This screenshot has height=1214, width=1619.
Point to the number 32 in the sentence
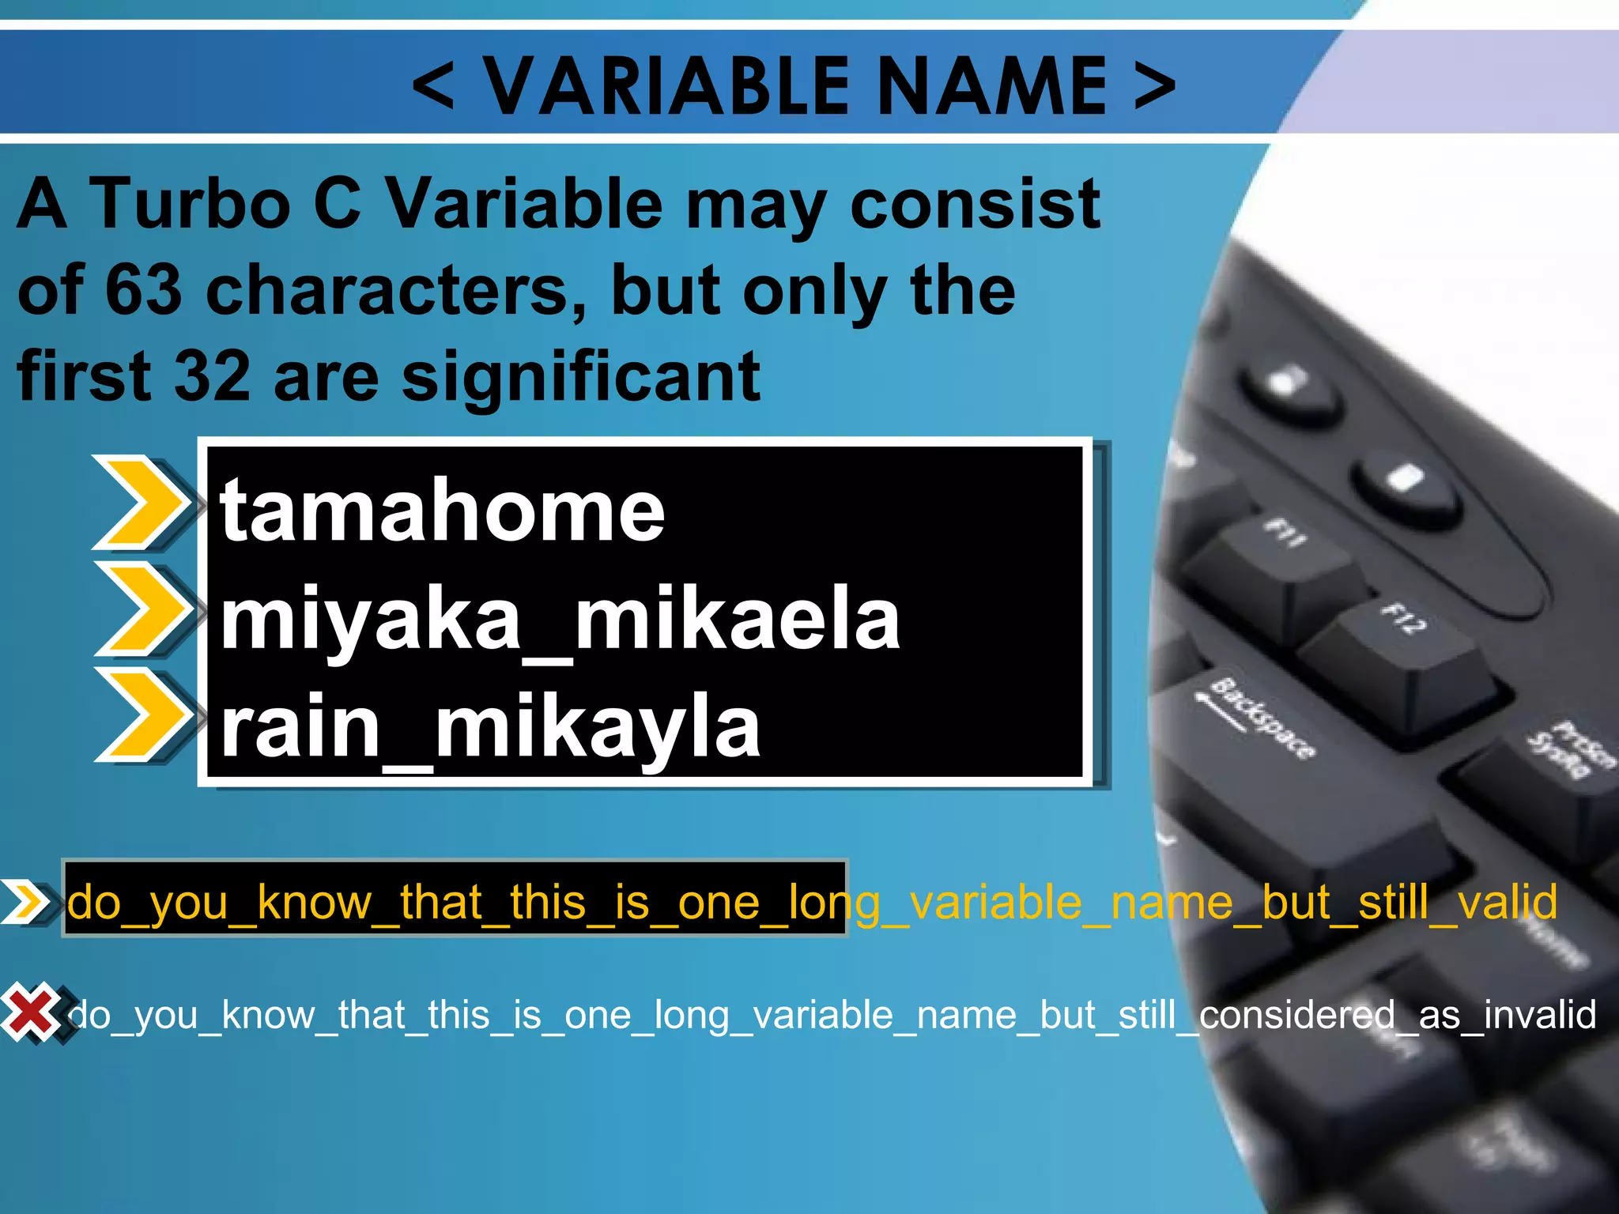coord(212,376)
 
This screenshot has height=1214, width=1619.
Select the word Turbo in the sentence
coord(191,204)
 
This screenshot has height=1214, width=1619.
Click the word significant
coord(581,376)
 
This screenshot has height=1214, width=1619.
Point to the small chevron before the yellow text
coord(25,901)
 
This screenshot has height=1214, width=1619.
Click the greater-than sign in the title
coord(1155,85)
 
